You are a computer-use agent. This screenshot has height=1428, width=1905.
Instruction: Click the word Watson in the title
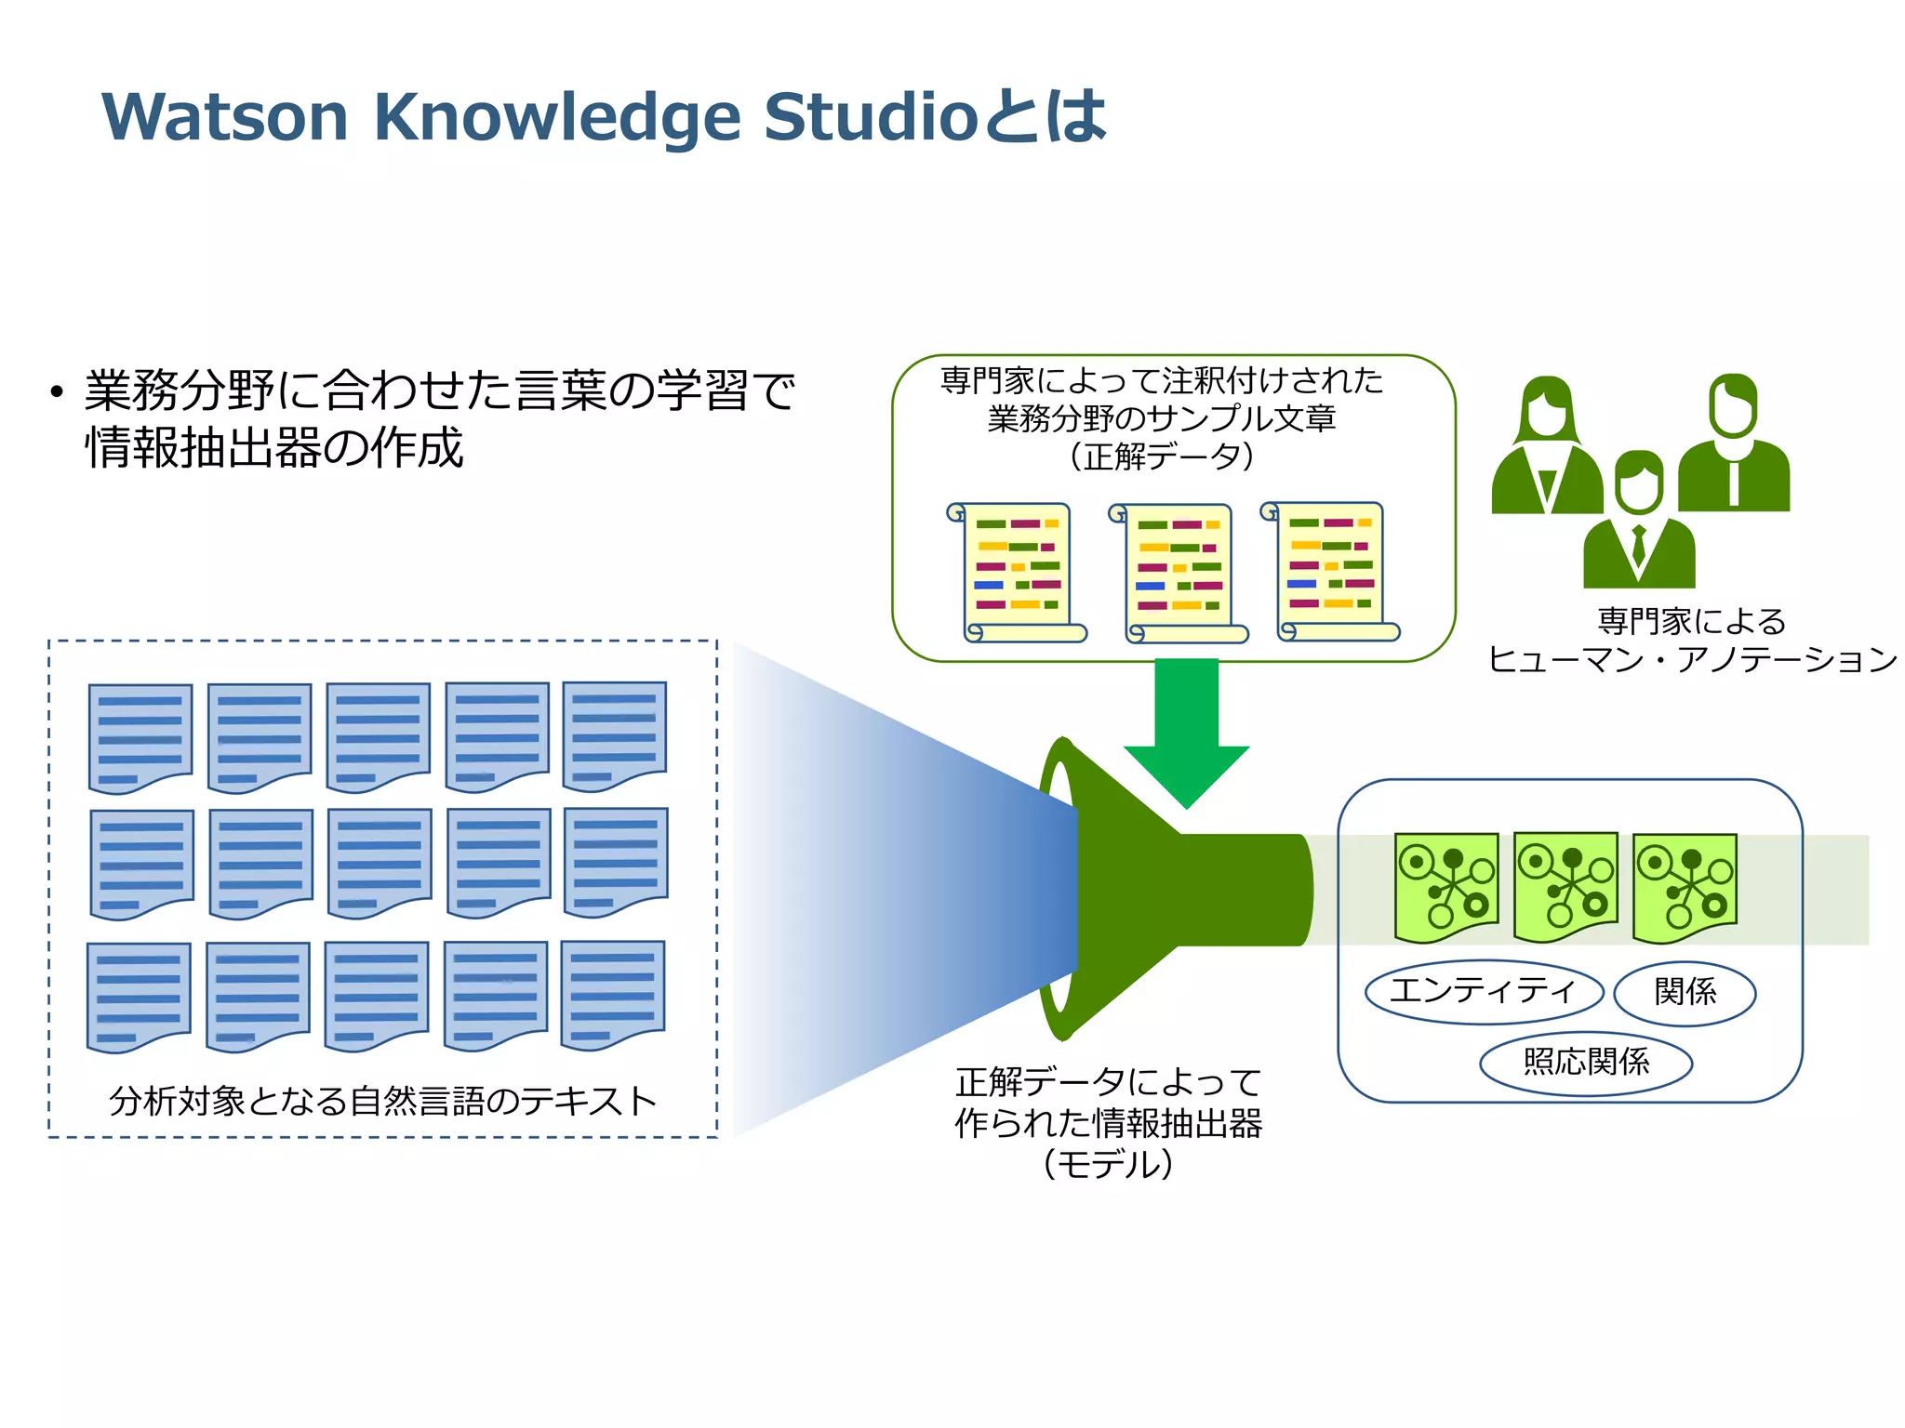coord(224,117)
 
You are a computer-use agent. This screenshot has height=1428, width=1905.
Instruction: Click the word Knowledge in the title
coord(557,117)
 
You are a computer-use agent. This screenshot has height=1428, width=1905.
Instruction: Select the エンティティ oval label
coord(1484,991)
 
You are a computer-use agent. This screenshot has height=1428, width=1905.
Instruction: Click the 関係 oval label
coord(1685,992)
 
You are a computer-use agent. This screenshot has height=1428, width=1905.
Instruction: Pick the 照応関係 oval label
coord(1586,1062)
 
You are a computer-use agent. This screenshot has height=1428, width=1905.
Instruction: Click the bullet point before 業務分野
coord(58,392)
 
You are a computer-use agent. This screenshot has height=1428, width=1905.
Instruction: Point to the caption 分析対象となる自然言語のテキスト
coord(382,1101)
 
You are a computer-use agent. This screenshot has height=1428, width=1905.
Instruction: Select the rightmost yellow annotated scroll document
coord(1332,571)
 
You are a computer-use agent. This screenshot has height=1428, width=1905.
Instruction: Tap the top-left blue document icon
coord(140,737)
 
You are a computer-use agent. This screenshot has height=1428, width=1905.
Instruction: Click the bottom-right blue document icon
coord(613,995)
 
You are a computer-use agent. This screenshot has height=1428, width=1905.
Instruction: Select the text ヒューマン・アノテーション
coord(1691,660)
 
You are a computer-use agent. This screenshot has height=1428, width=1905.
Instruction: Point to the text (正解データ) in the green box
coord(1161,456)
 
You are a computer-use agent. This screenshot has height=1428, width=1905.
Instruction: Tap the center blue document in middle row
coord(380,863)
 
